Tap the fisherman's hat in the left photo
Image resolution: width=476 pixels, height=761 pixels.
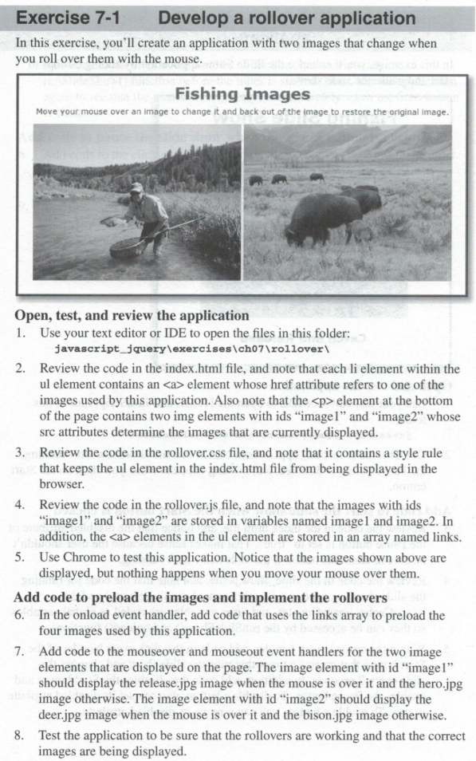137,187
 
